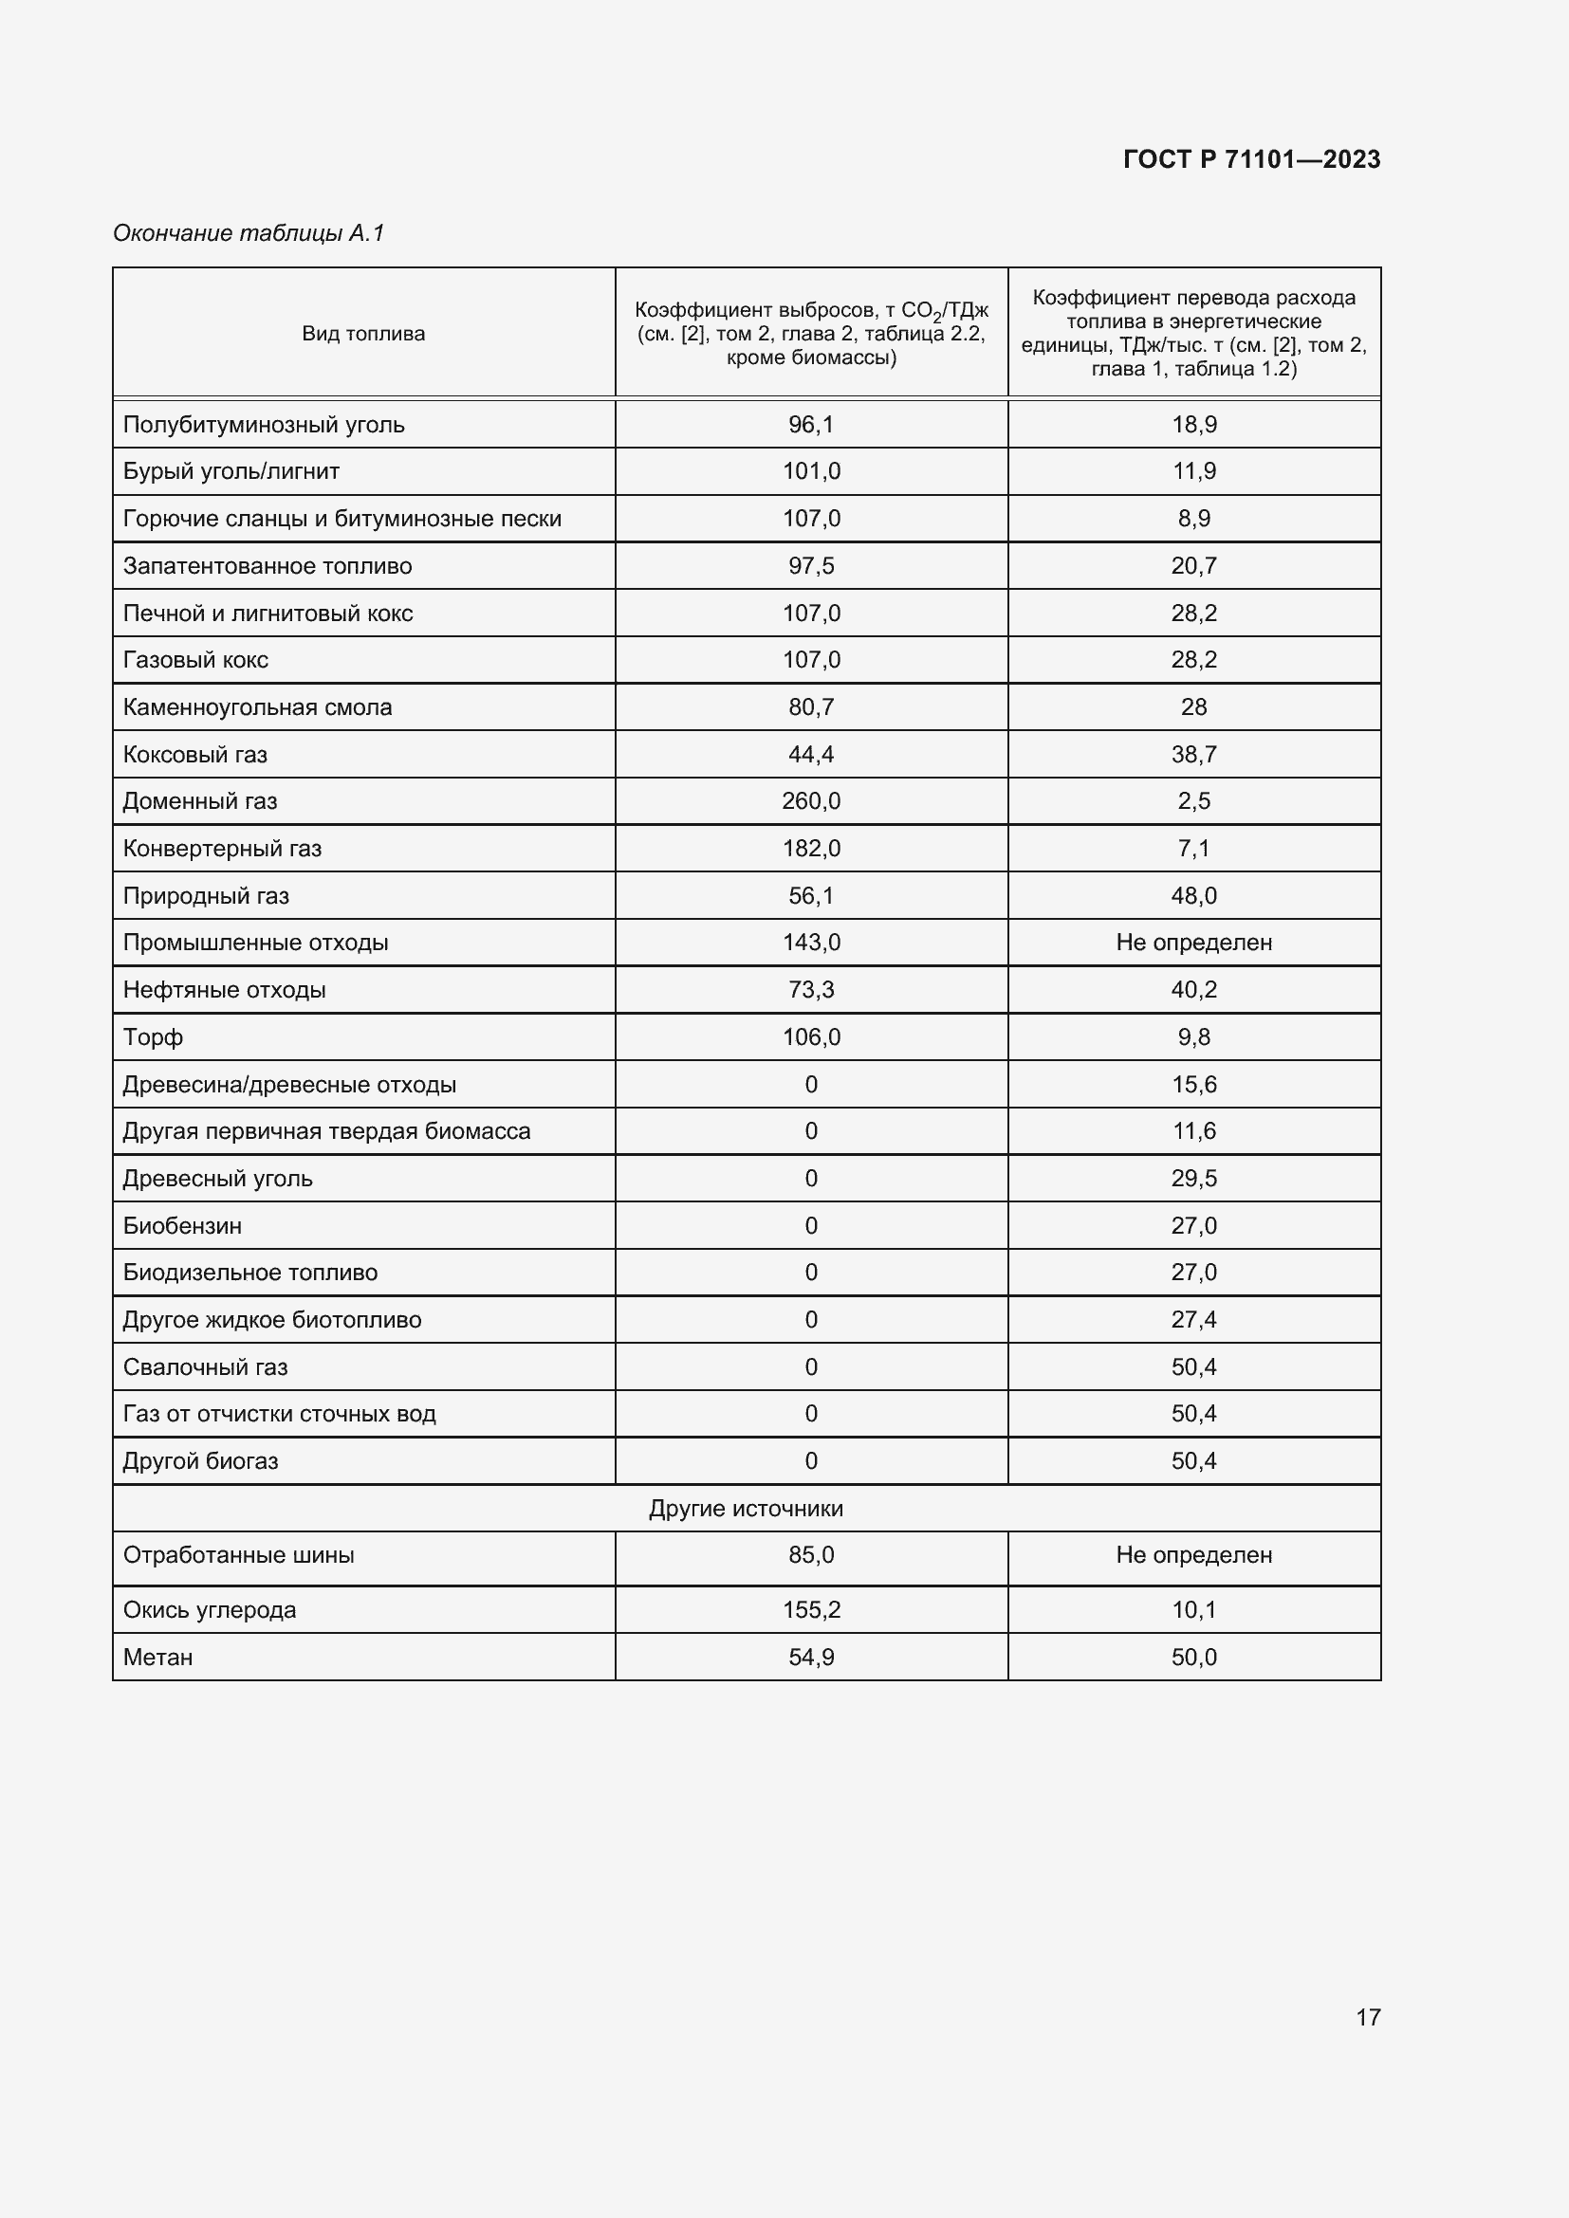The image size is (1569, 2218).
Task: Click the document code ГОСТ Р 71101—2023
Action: [x=1251, y=159]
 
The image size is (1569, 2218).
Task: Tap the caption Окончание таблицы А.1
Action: [x=249, y=233]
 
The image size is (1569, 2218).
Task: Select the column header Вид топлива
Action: [x=363, y=333]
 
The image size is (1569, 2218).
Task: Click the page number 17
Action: [x=1368, y=2016]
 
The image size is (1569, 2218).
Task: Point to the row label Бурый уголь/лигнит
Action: [x=231, y=471]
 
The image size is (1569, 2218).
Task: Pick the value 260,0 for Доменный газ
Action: [x=810, y=801]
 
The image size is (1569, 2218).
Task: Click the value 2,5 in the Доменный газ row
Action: [x=1193, y=801]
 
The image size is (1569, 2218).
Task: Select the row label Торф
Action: [x=153, y=1036]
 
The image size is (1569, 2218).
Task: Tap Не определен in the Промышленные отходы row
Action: [x=1193, y=942]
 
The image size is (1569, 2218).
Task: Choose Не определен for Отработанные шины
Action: [x=1193, y=1554]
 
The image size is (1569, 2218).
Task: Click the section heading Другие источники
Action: [x=746, y=1508]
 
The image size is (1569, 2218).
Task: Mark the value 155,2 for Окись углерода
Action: [x=810, y=1609]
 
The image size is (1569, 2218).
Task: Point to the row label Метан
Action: [x=157, y=1657]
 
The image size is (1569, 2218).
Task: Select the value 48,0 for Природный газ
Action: [x=1193, y=895]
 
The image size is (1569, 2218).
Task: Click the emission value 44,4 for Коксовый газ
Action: [x=810, y=755]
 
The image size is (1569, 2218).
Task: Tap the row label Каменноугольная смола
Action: [x=257, y=707]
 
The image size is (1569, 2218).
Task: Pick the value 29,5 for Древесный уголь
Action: [x=1193, y=1179]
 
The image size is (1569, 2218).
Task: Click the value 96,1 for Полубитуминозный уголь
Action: [x=810, y=424]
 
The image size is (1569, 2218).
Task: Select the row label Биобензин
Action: [x=181, y=1226]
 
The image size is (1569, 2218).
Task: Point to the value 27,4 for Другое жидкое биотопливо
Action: [x=1193, y=1320]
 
